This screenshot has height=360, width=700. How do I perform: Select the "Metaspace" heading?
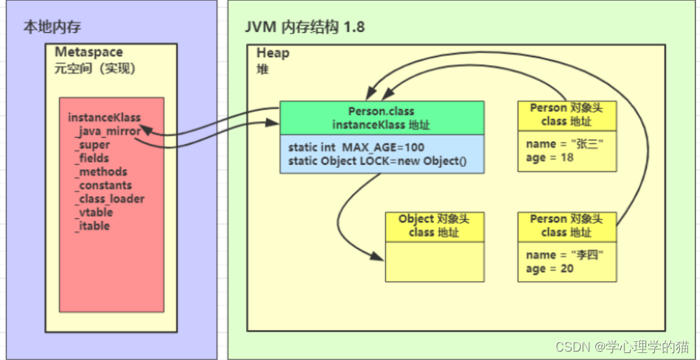tap(89, 53)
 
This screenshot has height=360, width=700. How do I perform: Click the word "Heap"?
tap(272, 54)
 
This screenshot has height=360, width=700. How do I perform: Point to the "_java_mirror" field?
tap(108, 131)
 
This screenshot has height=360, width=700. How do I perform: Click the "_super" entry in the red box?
tap(93, 145)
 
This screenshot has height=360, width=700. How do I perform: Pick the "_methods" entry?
tap(101, 172)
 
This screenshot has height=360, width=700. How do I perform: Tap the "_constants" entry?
tap(104, 185)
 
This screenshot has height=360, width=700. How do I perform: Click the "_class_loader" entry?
tap(110, 199)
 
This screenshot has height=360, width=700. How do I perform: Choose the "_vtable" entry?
tap(94, 213)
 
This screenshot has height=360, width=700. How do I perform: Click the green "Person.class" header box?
tap(381, 117)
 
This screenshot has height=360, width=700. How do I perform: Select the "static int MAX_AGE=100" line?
tap(356, 147)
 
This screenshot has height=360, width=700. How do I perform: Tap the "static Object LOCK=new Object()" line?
tap(377, 161)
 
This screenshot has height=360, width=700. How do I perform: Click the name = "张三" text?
tap(564, 144)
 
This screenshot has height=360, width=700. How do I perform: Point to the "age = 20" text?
tap(550, 268)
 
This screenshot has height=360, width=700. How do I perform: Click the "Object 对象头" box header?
tap(434, 225)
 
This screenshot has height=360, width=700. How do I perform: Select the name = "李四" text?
tap(564, 255)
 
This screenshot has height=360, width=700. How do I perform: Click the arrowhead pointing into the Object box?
tap(378, 257)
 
